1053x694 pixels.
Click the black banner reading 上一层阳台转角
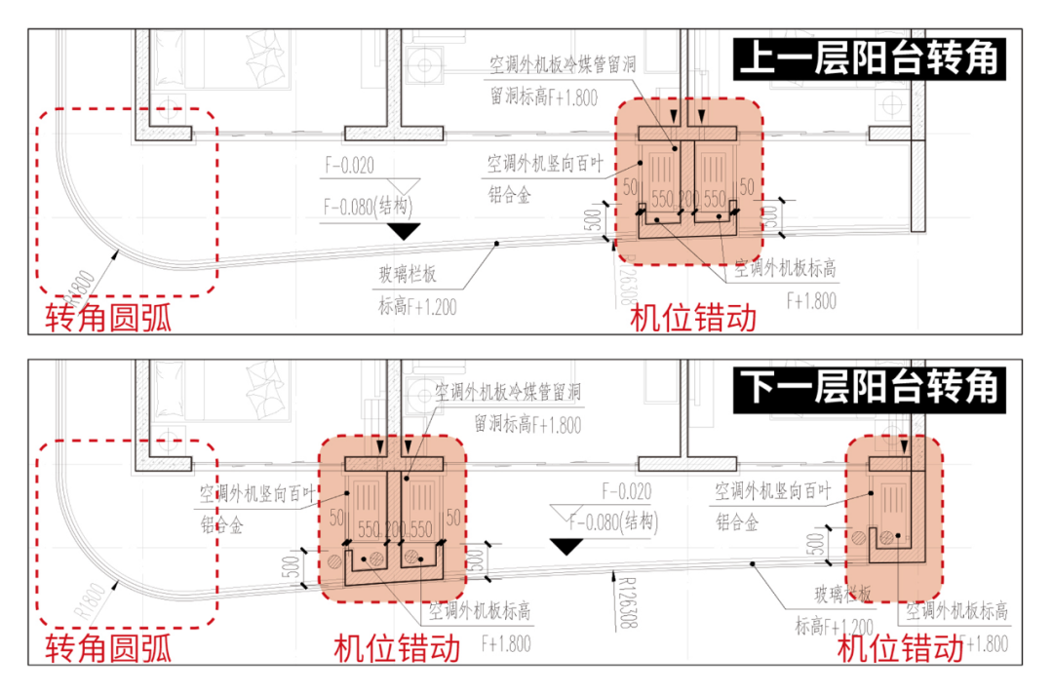[868, 60]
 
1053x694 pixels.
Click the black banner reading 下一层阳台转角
[868, 388]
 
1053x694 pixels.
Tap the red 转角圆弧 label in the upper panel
[107, 318]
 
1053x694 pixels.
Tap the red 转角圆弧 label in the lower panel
[107, 648]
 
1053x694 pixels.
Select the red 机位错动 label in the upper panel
[692, 318]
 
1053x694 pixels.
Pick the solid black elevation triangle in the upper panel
[403, 231]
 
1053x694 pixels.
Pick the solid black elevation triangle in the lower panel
[565, 547]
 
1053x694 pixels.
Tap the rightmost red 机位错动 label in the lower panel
[900, 648]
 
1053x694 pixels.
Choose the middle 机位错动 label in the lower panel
[395, 648]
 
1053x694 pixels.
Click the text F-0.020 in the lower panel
[627, 492]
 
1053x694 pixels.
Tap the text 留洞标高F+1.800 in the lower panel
[526, 426]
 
